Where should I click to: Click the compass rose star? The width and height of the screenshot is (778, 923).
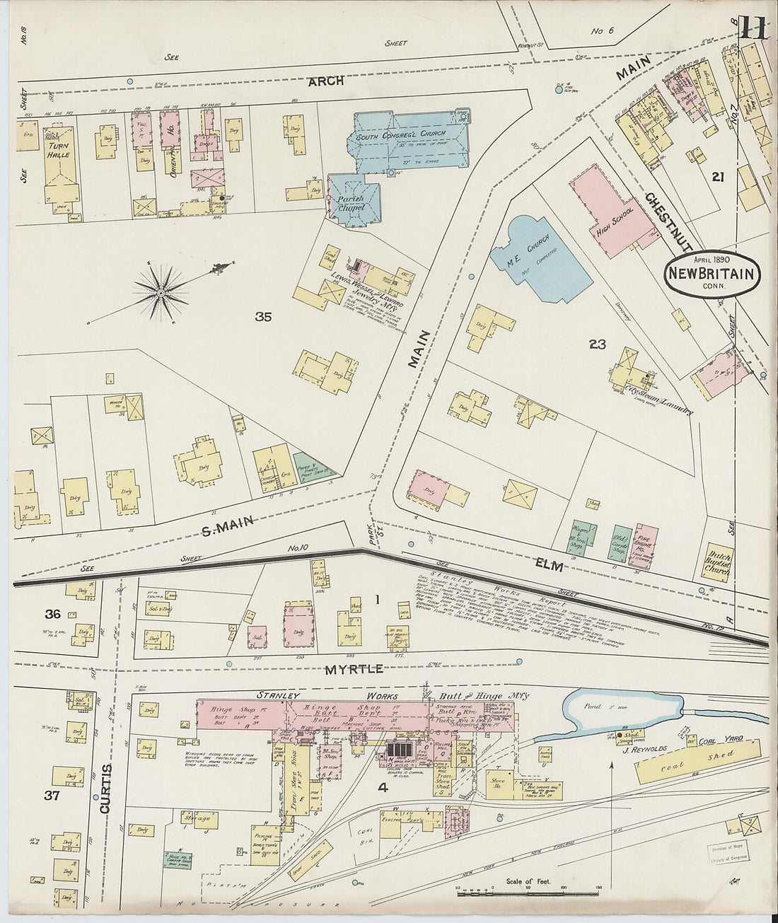tap(161, 291)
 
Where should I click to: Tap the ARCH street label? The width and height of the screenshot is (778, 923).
tap(325, 81)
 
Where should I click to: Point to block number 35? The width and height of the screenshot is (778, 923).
tap(263, 318)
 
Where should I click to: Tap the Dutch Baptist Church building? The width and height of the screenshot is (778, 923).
tap(716, 562)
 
